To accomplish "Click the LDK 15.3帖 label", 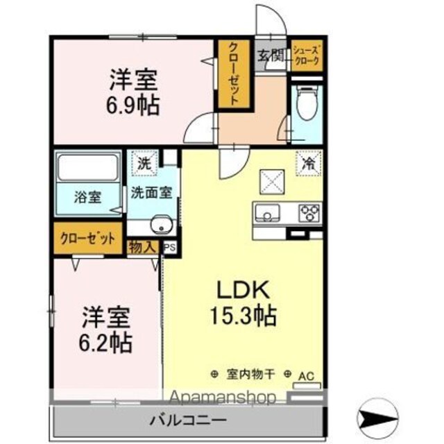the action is pos(243,303).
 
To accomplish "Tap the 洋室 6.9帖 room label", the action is pos(133,92).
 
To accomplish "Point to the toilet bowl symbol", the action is pos(307,103).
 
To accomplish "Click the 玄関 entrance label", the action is pos(270,55).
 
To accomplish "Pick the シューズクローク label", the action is pos(307,55).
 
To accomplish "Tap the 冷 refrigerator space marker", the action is pos(309,164).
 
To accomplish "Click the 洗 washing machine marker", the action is pos(144,164).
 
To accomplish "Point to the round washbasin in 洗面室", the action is pos(162,225).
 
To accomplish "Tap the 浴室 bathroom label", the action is pos(88,197).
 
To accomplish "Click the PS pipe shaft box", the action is pos(170,248).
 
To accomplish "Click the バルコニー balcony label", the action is pos(188,420).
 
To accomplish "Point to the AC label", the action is pos(307,376).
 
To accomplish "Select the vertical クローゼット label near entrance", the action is pos(234,74).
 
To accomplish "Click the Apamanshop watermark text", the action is pos(223,397).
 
